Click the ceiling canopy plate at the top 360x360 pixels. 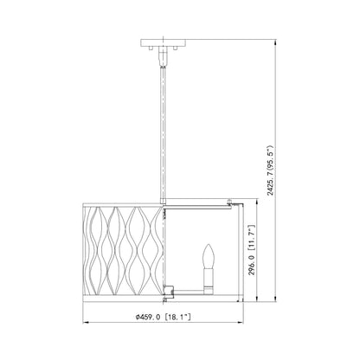click(163, 43)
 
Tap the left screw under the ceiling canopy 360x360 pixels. click(151, 48)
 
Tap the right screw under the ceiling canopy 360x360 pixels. click(175, 48)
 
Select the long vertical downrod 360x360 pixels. click(163, 132)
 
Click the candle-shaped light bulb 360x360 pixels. click(209, 256)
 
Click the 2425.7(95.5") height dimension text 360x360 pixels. click(270, 171)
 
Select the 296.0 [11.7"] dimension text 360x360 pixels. click(252, 250)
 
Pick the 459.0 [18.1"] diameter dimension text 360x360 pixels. click(164, 317)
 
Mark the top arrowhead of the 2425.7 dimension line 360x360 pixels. click(276, 42)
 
